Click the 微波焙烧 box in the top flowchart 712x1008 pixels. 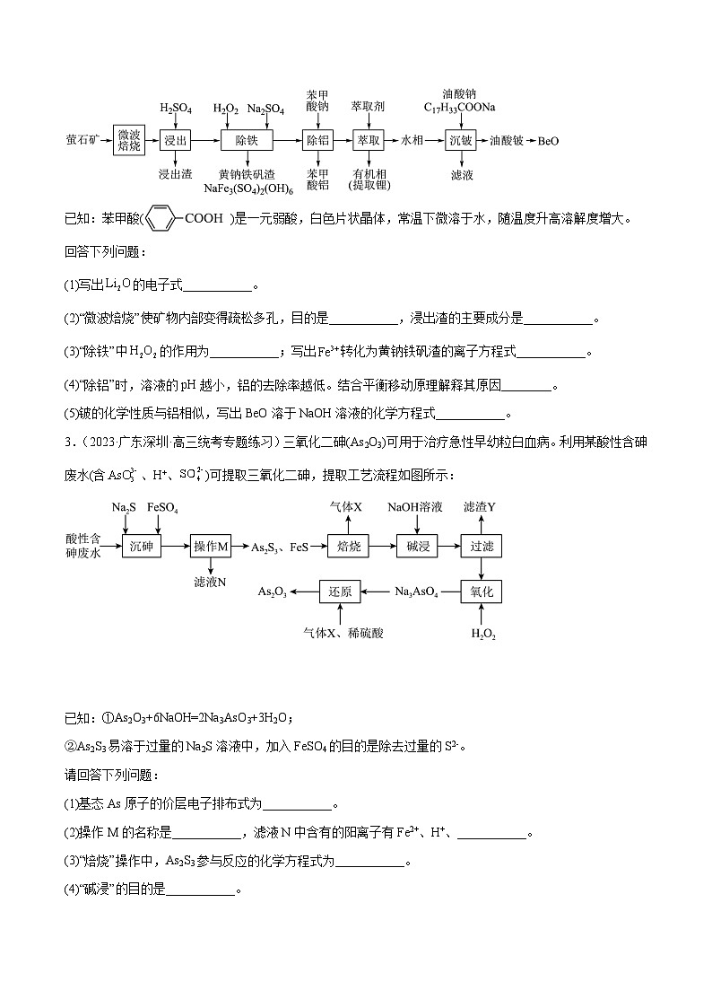click(129, 141)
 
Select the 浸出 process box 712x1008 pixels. click(175, 141)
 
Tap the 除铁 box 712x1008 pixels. click(247, 141)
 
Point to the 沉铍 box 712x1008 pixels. click(461, 141)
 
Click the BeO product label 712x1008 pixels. click(548, 141)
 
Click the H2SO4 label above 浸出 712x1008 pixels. click(176, 109)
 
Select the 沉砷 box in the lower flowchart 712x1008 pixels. click(143, 546)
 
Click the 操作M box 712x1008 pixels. click(213, 546)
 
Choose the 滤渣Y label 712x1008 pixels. click(480, 507)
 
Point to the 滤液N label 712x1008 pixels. click(210, 582)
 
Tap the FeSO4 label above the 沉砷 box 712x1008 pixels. click(162, 508)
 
